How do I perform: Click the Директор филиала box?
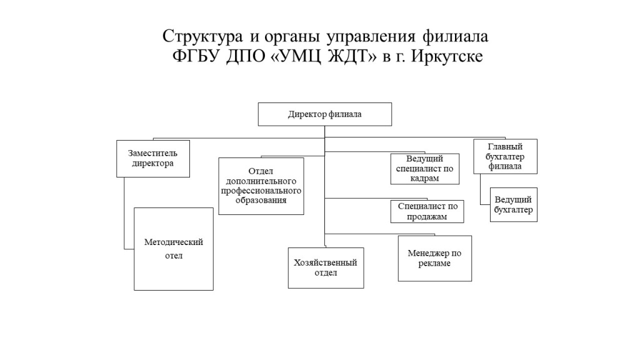(x=325, y=114)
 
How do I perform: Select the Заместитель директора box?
(x=153, y=159)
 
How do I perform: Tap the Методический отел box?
(x=174, y=249)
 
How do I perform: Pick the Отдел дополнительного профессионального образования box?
(x=261, y=186)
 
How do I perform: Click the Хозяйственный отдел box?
(x=326, y=268)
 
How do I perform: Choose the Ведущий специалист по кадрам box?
(x=425, y=169)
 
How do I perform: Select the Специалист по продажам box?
(x=427, y=211)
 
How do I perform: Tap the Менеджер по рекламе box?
(x=435, y=258)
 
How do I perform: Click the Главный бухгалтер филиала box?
(x=505, y=157)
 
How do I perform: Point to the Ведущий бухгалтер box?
(x=514, y=205)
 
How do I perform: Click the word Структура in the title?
(x=202, y=37)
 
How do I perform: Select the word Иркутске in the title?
(x=447, y=56)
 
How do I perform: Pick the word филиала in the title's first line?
(x=455, y=36)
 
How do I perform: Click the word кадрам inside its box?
(x=425, y=178)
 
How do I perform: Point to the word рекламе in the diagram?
(x=435, y=263)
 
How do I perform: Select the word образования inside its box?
(x=261, y=201)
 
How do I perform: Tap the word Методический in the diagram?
(x=174, y=242)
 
